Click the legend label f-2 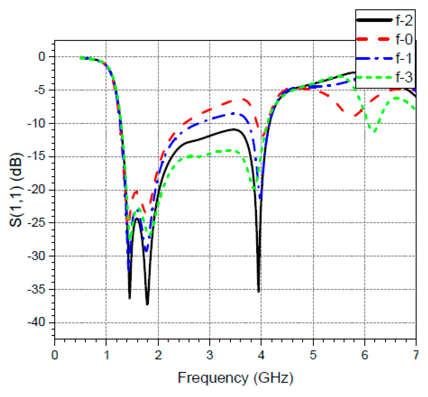pyautogui.click(x=404, y=21)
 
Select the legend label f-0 pyautogui.click(x=404, y=39)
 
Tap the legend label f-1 pyautogui.click(x=404, y=58)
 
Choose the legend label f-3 pyautogui.click(x=404, y=77)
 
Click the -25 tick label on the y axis pyautogui.click(x=36, y=223)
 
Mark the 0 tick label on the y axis pyautogui.click(x=42, y=57)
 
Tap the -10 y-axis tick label pyautogui.click(x=36, y=123)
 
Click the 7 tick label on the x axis pyautogui.click(x=416, y=355)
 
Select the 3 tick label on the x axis pyautogui.click(x=209, y=355)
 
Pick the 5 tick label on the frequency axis pyautogui.click(x=313, y=355)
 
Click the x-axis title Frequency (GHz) pyautogui.click(x=235, y=378)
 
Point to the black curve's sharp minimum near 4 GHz pyautogui.click(x=259, y=292)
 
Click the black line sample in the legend pyautogui.click(x=374, y=20)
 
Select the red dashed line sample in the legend pyautogui.click(x=374, y=39)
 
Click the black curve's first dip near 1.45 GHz pyautogui.click(x=129, y=298)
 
